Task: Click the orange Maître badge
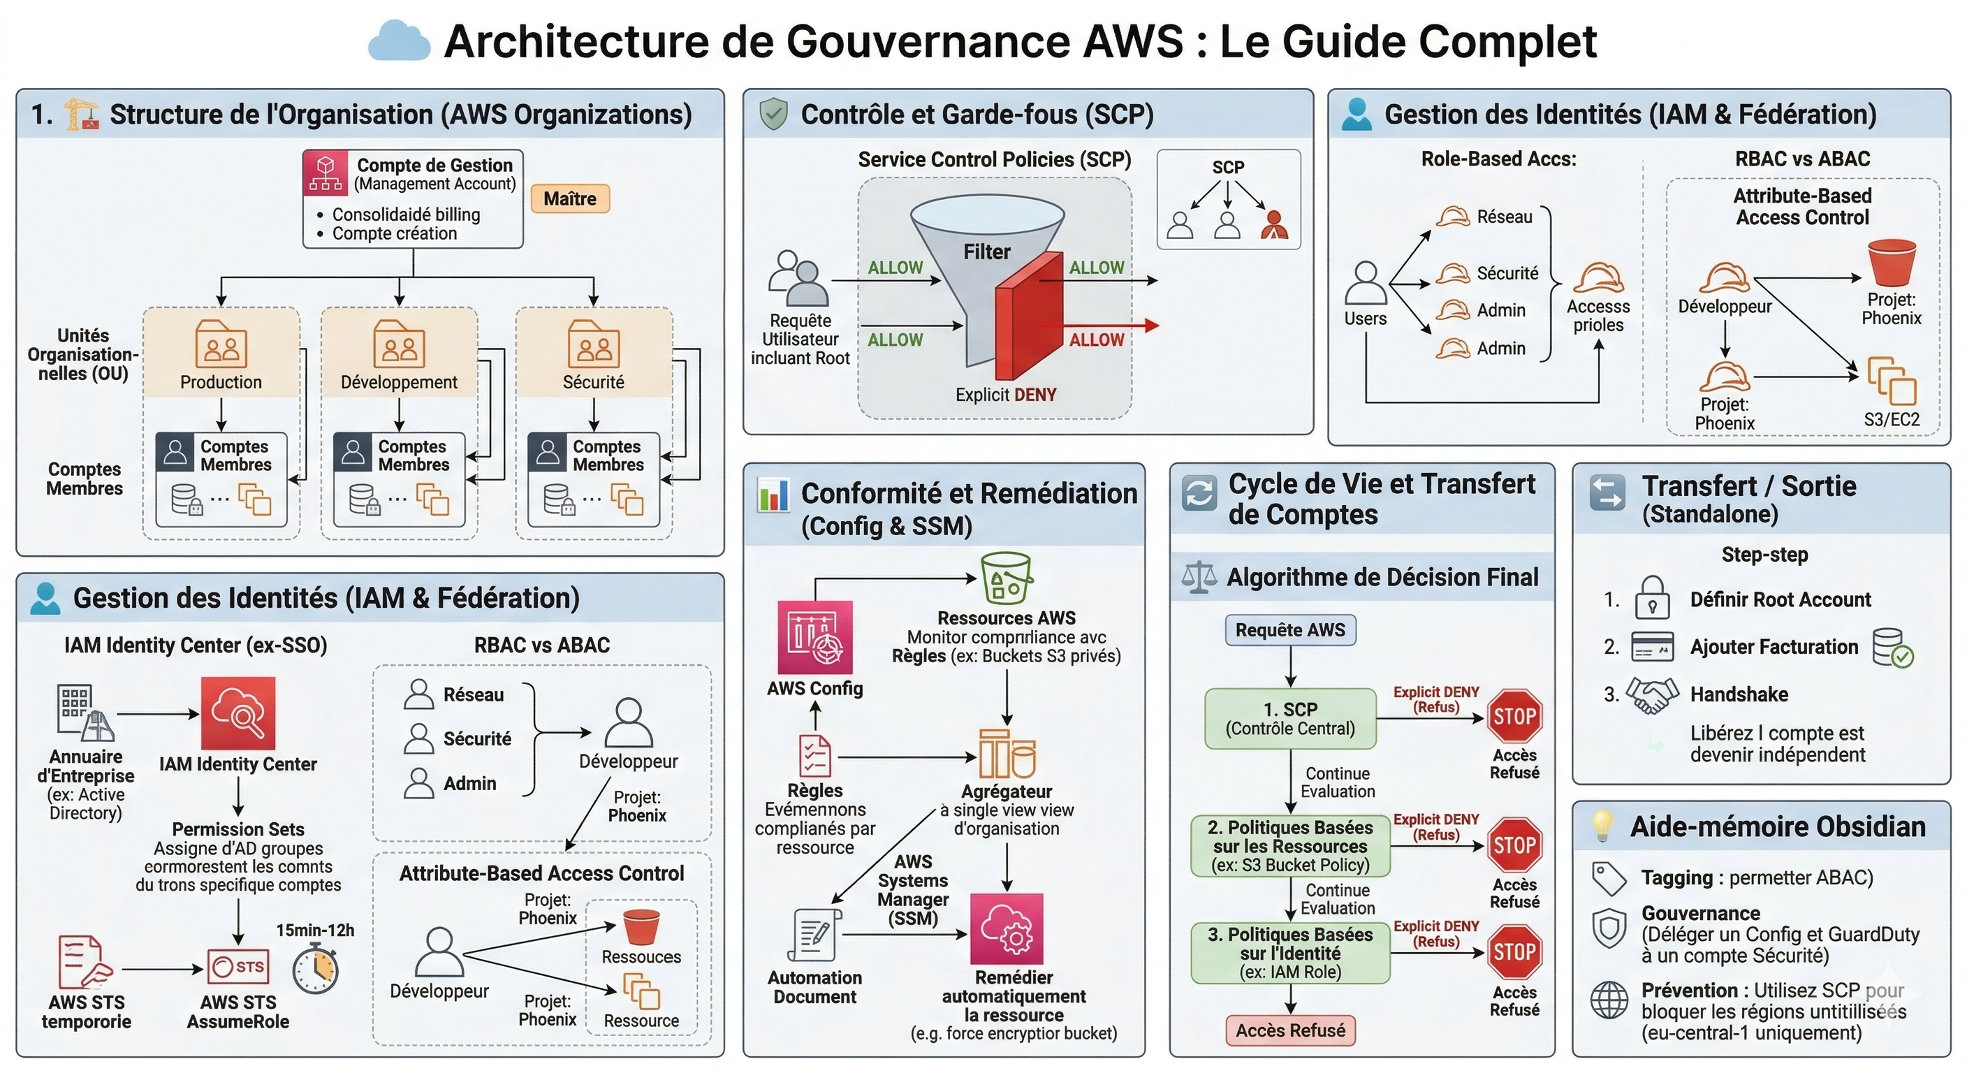570,198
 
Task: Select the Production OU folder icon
221,344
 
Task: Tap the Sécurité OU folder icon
593,344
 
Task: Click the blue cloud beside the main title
399,41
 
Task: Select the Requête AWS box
1289,630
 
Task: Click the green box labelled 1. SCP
1289,719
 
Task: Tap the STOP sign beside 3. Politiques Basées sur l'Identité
1514,951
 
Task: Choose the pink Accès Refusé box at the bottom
1289,1030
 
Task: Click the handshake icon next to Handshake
1652,695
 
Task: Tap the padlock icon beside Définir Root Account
1652,598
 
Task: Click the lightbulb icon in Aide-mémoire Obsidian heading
1601,826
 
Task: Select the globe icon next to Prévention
1609,1000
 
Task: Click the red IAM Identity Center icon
237,713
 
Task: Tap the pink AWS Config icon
814,637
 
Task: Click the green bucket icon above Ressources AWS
1006,578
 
